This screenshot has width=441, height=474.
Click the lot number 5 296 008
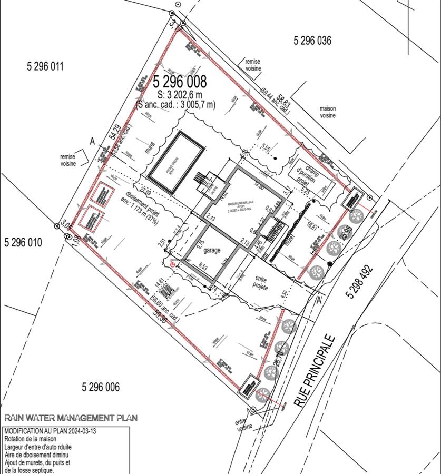point(180,82)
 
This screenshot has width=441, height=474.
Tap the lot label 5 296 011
point(45,66)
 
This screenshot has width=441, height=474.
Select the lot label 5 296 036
point(312,41)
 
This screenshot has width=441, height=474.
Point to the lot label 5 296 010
point(23,243)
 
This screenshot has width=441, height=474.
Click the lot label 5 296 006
point(101,388)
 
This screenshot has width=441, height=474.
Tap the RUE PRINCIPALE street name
point(315,370)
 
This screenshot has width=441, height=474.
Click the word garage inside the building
point(212,251)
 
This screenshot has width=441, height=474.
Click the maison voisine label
point(328,112)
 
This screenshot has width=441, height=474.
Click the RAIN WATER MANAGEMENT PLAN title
point(71,418)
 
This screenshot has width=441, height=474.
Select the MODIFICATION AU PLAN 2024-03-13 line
point(50,431)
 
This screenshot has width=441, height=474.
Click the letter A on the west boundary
point(92,141)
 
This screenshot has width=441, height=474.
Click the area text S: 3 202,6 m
point(180,95)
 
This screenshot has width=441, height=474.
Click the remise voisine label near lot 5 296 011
point(68,160)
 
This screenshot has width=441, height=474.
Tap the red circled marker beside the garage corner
point(173,265)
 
